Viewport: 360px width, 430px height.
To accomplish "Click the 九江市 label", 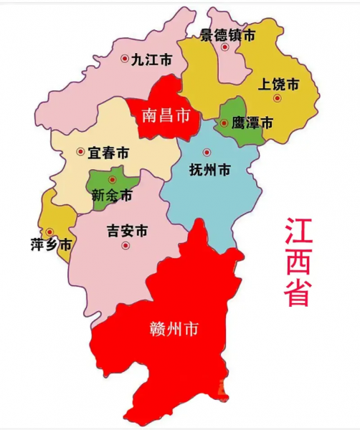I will click(x=152, y=60).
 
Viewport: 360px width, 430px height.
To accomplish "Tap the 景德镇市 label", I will click(x=227, y=34).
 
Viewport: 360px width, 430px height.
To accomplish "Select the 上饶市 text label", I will click(x=278, y=84).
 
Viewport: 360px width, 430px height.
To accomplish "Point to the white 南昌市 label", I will click(x=166, y=115).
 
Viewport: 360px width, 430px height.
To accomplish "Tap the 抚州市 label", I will click(x=209, y=171).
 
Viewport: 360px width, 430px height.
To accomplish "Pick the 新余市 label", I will click(x=112, y=194).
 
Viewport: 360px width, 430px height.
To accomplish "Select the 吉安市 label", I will click(x=127, y=231).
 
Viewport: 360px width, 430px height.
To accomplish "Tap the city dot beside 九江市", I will click(x=125, y=59).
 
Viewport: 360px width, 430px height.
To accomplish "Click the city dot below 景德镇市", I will click(x=224, y=47).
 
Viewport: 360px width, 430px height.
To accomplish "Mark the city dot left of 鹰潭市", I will click(x=224, y=123).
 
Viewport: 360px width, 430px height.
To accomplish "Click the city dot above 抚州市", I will click(x=207, y=152).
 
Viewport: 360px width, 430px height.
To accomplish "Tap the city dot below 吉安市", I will click(x=125, y=245).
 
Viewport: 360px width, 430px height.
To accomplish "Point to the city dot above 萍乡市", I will click(x=49, y=231).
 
